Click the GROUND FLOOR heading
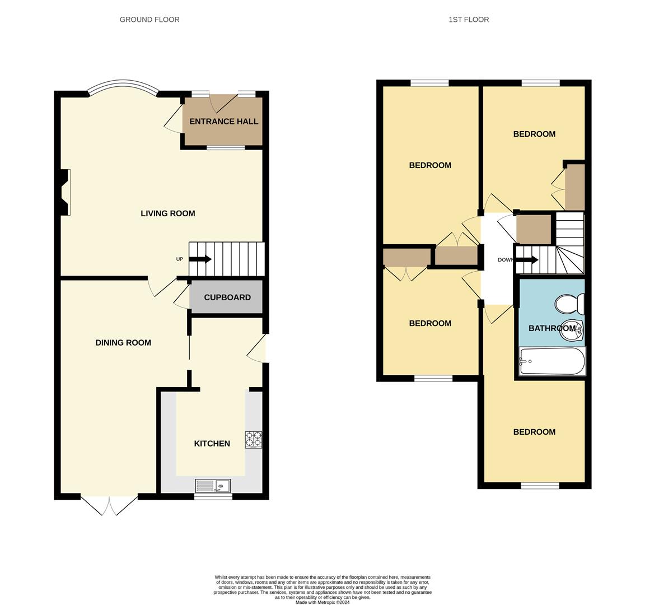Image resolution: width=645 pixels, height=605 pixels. (149, 20)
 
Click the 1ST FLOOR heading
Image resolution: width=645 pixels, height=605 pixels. (469, 20)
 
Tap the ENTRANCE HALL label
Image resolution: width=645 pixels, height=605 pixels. (223, 122)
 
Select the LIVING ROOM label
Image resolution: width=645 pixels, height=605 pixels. (167, 213)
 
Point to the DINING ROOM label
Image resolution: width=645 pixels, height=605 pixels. (123, 343)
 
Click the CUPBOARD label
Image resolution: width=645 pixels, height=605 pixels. (227, 297)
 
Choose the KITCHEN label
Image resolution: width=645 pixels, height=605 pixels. (212, 444)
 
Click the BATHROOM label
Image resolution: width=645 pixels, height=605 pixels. (551, 328)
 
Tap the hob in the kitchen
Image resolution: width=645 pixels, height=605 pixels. (253, 439)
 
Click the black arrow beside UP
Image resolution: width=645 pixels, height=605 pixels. (200, 259)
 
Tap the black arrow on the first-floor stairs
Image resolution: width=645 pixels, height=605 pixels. (527, 260)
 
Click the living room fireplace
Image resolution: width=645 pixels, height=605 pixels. (64, 192)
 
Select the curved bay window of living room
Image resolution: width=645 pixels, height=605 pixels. (123, 87)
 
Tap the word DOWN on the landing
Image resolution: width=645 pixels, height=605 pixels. (506, 260)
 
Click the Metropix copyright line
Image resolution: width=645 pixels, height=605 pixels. (322, 603)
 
